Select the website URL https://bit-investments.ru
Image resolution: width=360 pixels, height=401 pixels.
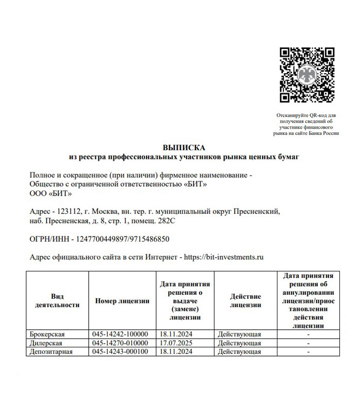coord(224,256)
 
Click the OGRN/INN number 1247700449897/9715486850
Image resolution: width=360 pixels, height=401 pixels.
coord(123,239)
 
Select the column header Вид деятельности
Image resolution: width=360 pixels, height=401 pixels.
coord(57,301)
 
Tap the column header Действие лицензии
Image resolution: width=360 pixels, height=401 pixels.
coord(246,301)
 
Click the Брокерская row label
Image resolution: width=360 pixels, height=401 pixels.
coord(47,334)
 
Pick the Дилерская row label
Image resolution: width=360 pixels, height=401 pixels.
coord(46,343)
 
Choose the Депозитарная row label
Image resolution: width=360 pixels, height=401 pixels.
coord(51,351)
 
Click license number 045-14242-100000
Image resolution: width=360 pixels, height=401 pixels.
coord(120,334)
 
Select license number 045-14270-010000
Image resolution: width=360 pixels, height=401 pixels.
coord(120,343)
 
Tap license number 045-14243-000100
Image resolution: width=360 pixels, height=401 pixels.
coord(120,351)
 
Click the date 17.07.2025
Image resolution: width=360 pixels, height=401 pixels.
coord(176,343)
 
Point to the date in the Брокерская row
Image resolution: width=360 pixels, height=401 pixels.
coord(176,334)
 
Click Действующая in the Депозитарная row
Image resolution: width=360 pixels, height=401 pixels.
coord(239,351)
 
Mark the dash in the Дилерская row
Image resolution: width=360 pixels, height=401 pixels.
coord(308,343)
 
